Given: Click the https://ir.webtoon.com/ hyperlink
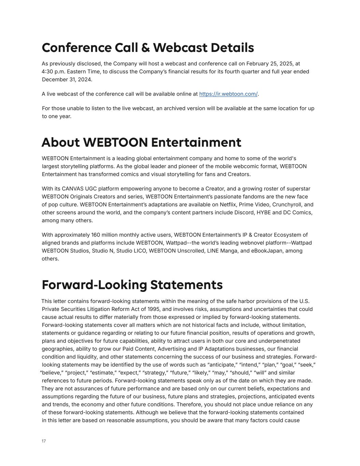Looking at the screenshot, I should coord(228,94).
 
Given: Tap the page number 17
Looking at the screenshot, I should coord(44,441).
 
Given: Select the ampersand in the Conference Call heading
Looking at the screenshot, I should coord(145,48).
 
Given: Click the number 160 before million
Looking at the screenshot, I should coord(96,235).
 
